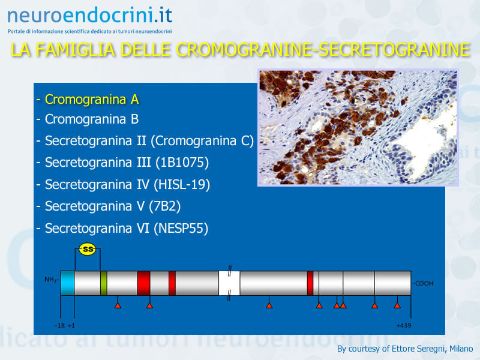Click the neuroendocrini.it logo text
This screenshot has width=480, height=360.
pos(89,16)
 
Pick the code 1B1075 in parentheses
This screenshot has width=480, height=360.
pos(182,163)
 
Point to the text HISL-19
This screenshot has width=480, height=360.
pos(182,185)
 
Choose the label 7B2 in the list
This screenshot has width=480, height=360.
pos(164,206)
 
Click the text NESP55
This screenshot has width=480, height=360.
pos(181,229)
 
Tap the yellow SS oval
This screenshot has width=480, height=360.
pos(88,249)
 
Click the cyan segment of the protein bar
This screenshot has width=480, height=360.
pos(67,283)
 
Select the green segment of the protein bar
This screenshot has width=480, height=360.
pos(103,283)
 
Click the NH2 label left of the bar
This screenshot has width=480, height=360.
pos(51,280)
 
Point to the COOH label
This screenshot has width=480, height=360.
pos(423,283)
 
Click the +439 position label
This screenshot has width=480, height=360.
pos(404,325)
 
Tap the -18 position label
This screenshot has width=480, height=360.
pos(60,325)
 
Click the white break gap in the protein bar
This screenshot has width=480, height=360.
pos(229,283)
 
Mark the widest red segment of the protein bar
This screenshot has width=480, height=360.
pos(143,283)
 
